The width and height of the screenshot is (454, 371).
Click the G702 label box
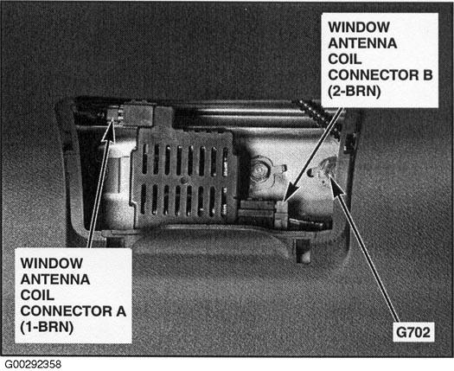tap(413, 332)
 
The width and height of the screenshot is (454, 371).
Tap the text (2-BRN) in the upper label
tap(354, 92)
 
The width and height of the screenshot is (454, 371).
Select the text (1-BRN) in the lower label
tap(47, 327)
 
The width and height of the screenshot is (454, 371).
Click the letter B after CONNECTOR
tap(427, 75)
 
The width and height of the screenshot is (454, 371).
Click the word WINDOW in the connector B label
tap(359, 27)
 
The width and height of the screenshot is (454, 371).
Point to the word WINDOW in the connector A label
tap(52, 263)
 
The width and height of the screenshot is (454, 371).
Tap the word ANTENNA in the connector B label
tap(362, 43)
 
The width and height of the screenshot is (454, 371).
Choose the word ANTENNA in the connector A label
tap(55, 279)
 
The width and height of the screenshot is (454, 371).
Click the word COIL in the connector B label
tap(344, 60)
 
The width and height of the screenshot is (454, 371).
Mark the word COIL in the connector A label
tap(37, 296)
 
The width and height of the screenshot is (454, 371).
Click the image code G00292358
tap(33, 364)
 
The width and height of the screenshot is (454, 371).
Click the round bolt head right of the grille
tap(259, 170)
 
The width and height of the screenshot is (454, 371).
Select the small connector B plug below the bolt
tap(280, 214)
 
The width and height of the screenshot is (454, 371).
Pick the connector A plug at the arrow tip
tap(115, 113)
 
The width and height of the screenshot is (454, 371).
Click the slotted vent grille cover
tap(184, 180)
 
